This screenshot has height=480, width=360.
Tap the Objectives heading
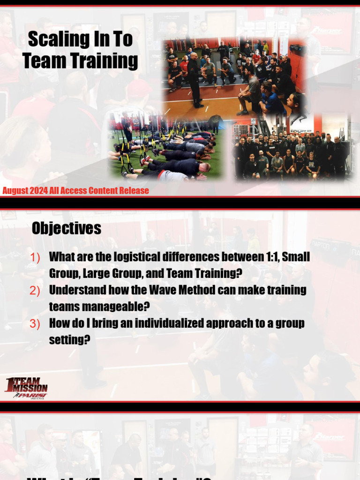point(67,229)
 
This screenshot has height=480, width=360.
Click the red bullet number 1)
point(35,257)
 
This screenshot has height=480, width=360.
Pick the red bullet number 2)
point(35,291)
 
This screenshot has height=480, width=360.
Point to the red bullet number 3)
point(35,324)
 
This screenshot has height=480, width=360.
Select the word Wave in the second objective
point(149,290)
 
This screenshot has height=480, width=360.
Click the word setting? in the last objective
point(69,339)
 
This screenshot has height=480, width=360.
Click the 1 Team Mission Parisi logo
point(26,388)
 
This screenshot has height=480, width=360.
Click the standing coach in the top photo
point(195,80)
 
